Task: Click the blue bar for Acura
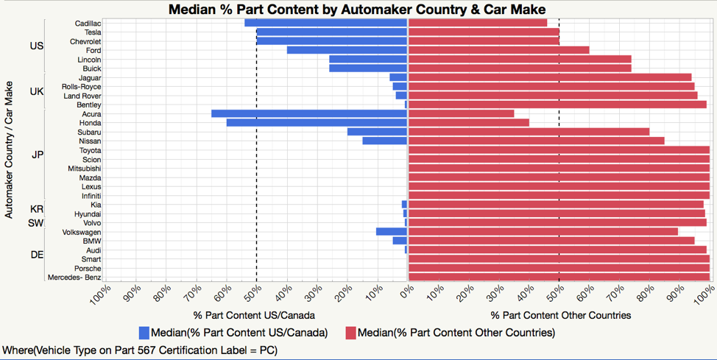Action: [x=309, y=114]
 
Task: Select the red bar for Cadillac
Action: [x=477, y=23]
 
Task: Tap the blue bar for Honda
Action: [x=317, y=123]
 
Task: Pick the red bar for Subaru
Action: [x=528, y=132]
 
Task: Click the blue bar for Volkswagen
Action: [x=391, y=232]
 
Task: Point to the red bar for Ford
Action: [x=498, y=50]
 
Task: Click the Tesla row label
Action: [x=93, y=32]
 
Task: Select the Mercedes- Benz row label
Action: [x=74, y=278]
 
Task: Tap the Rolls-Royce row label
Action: [x=82, y=87]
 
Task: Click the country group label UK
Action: [x=37, y=91]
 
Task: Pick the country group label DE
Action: [x=37, y=255]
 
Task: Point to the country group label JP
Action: [x=37, y=155]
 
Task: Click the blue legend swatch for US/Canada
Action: [x=144, y=333]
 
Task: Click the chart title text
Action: [x=357, y=10]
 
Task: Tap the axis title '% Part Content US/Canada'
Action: [x=254, y=315]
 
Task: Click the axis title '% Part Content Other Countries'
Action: [x=560, y=315]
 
